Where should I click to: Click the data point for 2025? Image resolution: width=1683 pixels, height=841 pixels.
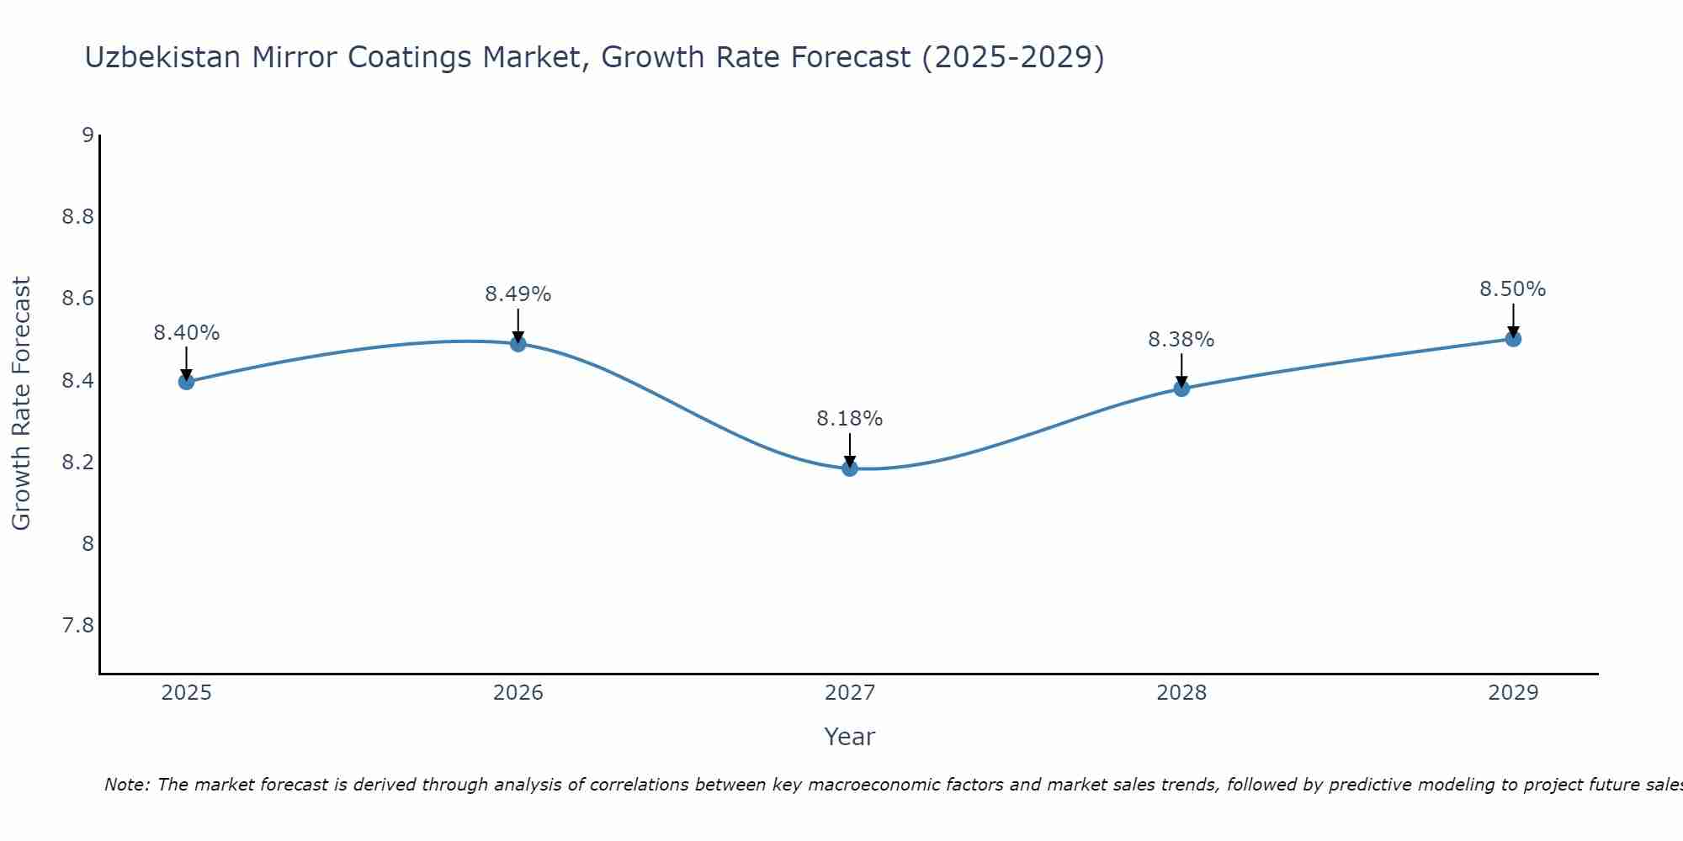(x=186, y=382)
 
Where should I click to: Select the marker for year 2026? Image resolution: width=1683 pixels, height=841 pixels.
(x=518, y=344)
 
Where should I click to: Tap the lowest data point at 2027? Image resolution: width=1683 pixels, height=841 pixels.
(x=849, y=468)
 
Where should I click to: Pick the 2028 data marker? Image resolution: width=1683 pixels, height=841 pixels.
(x=1181, y=389)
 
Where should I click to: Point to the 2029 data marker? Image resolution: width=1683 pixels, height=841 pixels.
(x=1512, y=339)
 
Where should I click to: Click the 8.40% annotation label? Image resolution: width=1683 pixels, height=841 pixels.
(x=186, y=333)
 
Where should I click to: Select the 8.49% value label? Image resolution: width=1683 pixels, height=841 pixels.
(x=518, y=294)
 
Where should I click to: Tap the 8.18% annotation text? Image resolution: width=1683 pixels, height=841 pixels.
(x=849, y=419)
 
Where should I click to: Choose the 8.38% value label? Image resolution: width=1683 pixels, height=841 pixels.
(x=1181, y=340)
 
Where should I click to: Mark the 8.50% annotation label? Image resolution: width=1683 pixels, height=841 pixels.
(x=1512, y=289)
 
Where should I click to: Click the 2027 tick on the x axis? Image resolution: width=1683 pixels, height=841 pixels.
(x=849, y=693)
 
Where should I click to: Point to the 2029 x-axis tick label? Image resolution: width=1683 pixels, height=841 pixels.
(x=1512, y=693)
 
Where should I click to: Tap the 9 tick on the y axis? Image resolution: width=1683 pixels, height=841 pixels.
(x=88, y=135)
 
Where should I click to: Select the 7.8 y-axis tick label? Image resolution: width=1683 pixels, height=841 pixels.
(x=77, y=626)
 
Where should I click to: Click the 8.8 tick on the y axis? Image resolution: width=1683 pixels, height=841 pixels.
(x=77, y=217)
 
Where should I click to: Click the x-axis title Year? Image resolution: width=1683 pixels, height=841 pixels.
(x=849, y=737)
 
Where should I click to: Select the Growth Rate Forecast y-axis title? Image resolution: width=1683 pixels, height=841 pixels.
(x=21, y=404)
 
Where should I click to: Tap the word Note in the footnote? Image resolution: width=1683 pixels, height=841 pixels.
(x=126, y=785)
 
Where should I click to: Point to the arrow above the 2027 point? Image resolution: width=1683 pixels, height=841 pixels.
(x=849, y=448)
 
